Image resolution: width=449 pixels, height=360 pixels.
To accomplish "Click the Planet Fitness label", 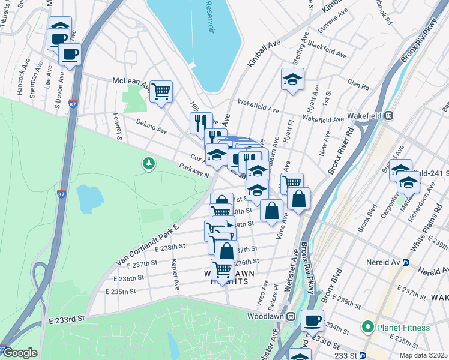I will click(403, 328).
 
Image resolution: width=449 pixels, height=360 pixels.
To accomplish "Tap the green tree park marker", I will click(148, 163).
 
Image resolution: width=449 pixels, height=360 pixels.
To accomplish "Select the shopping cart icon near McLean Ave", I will click(161, 92).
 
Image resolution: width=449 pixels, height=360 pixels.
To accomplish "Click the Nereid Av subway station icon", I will click(405, 262).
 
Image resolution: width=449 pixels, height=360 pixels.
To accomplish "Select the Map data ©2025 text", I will click(423, 355).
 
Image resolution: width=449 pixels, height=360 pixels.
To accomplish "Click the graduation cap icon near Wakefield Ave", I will click(292, 79).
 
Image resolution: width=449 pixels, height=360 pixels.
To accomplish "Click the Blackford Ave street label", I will click(327, 49).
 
